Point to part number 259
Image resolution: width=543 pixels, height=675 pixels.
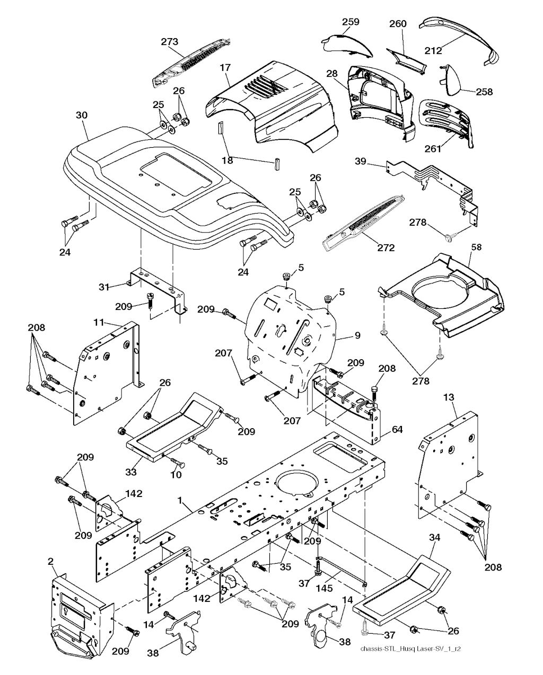pyautogui.click(x=351, y=22)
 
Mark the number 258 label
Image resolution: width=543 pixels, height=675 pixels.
pyautogui.click(x=484, y=92)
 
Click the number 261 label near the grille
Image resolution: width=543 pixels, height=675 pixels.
pyautogui.click(x=433, y=149)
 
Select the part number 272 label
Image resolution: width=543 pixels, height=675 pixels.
pyautogui.click(x=386, y=248)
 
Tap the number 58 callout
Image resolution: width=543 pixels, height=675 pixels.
pyautogui.click(x=477, y=247)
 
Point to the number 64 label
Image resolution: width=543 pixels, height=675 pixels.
pyautogui.click(x=397, y=429)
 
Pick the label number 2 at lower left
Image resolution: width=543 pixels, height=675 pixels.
pyautogui.click(x=51, y=561)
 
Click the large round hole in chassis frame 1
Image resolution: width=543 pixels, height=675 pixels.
pyautogui.click(x=299, y=485)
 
